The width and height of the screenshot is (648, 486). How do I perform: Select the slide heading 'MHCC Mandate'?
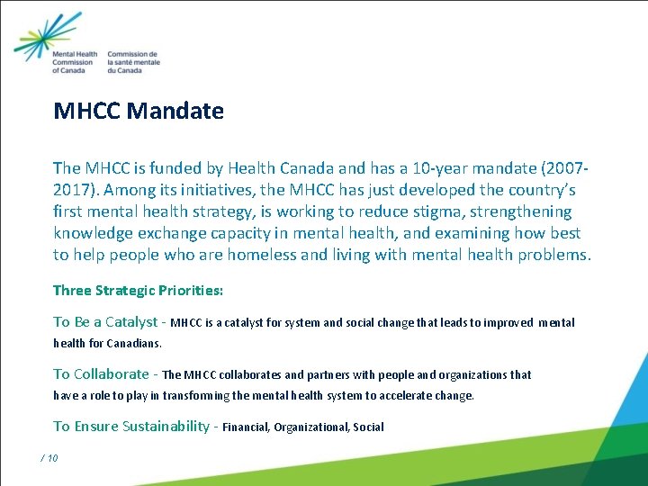coord(139,111)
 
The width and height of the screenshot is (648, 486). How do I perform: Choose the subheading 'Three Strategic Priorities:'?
coord(138,291)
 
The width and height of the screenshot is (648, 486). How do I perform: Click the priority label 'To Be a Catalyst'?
coord(105,321)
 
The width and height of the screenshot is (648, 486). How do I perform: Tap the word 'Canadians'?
coord(135,343)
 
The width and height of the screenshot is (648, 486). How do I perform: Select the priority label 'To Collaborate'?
coord(101,373)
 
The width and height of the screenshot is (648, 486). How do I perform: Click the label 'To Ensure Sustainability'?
coord(131,426)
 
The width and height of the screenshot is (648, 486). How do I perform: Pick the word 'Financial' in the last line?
coord(245,427)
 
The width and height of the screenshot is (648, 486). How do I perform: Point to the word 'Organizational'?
coord(311,427)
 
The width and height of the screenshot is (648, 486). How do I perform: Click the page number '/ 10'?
coord(49,458)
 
